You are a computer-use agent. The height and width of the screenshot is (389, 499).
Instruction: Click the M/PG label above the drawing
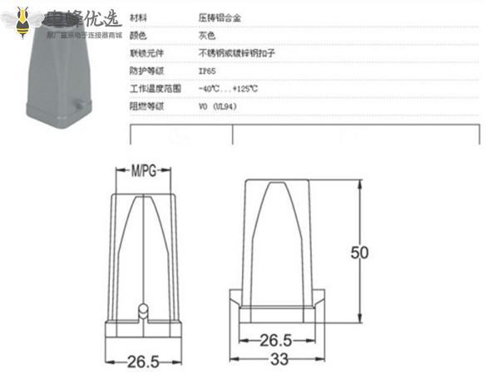coord(144,172)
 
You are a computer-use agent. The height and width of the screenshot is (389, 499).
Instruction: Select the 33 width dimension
coord(279,360)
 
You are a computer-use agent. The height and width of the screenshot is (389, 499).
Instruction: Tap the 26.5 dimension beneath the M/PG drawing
coord(143,362)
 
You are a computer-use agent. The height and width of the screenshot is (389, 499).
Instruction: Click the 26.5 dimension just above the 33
coord(275,340)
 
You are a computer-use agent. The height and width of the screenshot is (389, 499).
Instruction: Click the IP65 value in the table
coord(208,70)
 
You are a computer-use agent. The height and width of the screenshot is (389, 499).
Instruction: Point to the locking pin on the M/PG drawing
coord(143,310)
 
